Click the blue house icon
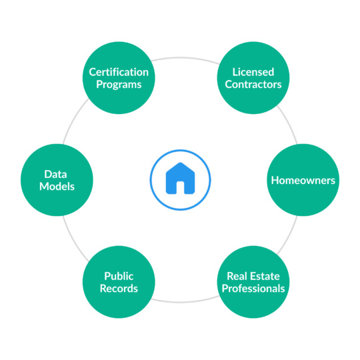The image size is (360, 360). [x=180, y=178]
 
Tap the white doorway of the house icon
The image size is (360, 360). [x=180, y=187]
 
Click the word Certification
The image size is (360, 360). [x=119, y=72]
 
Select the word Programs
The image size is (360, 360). [x=119, y=85]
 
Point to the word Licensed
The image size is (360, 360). [x=253, y=72]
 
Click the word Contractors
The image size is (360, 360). [x=253, y=85]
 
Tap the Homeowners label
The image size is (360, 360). [x=303, y=181]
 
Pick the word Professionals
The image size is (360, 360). [x=253, y=289]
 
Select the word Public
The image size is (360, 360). [x=119, y=276]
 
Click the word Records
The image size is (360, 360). [x=119, y=289]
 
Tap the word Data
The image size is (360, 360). [x=55, y=174]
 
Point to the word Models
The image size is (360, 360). [x=57, y=187]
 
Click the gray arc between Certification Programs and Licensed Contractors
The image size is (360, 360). [x=186, y=57]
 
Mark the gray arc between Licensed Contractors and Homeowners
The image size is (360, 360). [x=289, y=123]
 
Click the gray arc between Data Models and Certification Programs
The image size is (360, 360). [x=73, y=120]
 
